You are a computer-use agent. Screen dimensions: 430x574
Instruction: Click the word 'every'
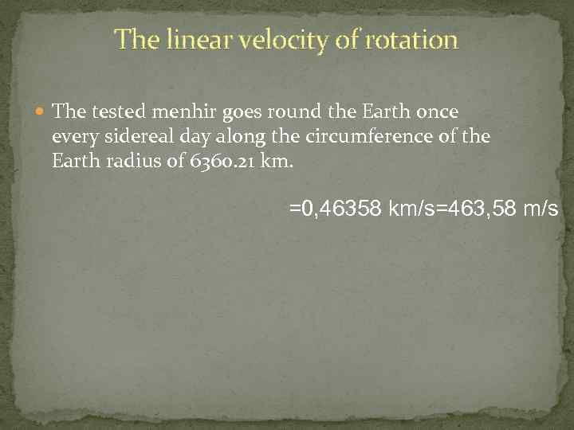click(73, 137)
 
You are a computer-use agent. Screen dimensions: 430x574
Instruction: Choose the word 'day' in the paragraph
click(198, 137)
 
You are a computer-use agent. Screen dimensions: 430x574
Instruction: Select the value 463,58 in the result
click(479, 210)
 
